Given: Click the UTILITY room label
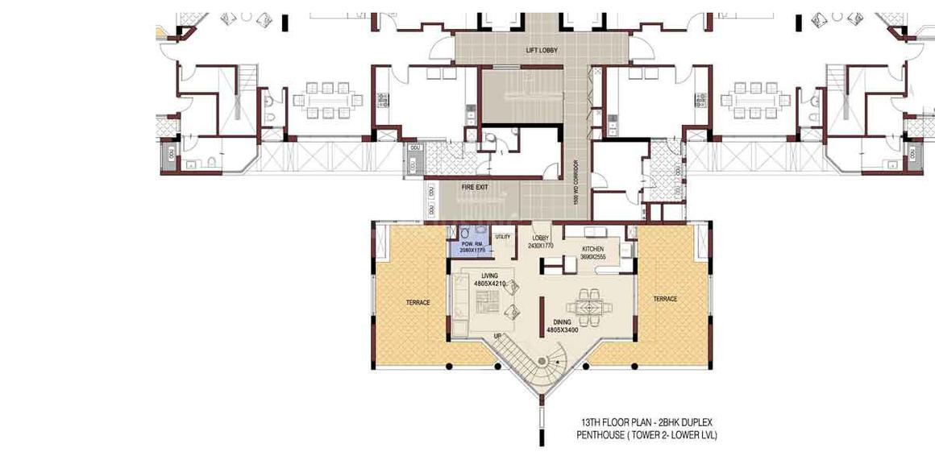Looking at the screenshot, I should [503, 237].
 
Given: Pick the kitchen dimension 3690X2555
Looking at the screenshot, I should [593, 257].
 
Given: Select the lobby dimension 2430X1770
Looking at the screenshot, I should [540, 246].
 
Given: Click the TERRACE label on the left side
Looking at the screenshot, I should [418, 303].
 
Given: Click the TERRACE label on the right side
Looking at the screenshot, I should [665, 299].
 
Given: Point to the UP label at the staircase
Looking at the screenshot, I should [499, 334].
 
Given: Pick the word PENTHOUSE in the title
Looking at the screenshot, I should [602, 435].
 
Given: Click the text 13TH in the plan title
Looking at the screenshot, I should [592, 422].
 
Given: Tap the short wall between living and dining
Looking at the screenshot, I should [541, 315].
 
